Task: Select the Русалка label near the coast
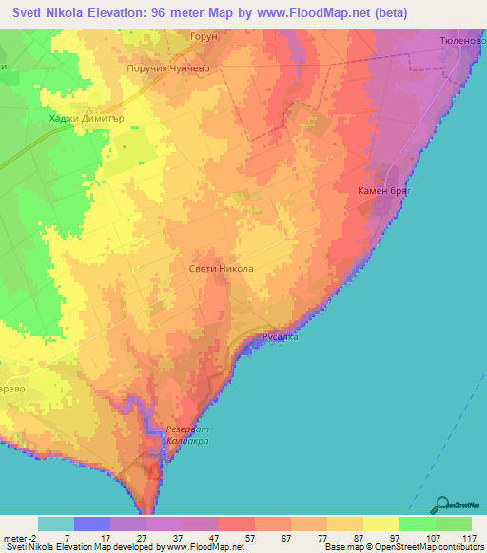point(281,337)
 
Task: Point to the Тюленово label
point(462,42)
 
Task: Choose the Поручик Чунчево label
point(167,69)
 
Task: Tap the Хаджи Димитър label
point(81,119)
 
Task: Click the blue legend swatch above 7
point(91,524)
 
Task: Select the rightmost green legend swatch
point(454,524)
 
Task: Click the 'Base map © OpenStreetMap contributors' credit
point(401,547)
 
